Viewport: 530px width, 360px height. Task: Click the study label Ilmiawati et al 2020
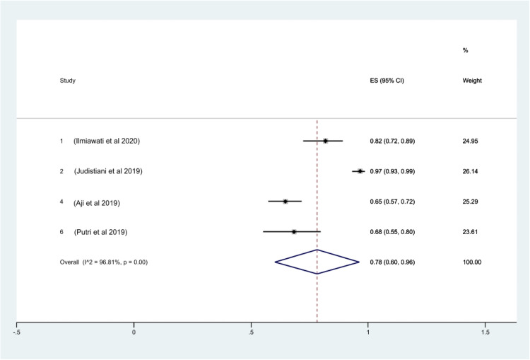click(x=107, y=141)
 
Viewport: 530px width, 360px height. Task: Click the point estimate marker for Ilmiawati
click(x=325, y=141)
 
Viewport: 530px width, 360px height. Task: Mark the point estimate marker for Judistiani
click(x=360, y=171)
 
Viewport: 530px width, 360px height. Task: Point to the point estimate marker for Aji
click(x=285, y=202)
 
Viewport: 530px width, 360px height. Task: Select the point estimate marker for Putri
click(x=293, y=231)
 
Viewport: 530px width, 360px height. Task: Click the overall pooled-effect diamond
click(x=317, y=262)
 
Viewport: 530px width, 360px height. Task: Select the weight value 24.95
click(x=471, y=141)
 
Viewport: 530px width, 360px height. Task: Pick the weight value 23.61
click(x=471, y=232)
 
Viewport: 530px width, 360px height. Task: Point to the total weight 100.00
click(x=473, y=262)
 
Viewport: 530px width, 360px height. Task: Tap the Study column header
click(x=68, y=81)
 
